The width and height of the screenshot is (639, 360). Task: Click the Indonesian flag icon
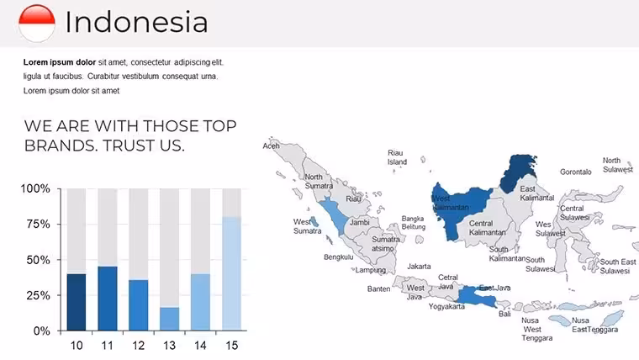[37, 24]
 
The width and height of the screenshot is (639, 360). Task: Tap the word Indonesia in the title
[136, 22]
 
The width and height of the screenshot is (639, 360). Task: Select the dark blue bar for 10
[77, 302]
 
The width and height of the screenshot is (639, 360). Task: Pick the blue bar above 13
[169, 319]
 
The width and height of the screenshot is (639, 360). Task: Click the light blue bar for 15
[231, 273]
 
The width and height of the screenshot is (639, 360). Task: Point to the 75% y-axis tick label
[39, 225]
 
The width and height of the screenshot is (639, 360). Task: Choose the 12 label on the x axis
[138, 346]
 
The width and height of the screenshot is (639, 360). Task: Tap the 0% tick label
[41, 331]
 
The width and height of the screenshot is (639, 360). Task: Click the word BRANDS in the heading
[61, 146]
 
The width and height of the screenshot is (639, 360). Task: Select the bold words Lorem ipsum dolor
[60, 62]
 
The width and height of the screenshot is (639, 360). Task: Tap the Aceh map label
[271, 146]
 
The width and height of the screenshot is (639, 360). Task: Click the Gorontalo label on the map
[575, 172]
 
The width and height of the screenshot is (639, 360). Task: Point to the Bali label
[504, 314]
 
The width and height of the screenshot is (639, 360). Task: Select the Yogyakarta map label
[446, 306]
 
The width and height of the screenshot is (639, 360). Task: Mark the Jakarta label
[419, 267]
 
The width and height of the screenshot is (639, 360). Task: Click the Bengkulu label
[339, 257]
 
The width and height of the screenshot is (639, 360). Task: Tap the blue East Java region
[477, 296]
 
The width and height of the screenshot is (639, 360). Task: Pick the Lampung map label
[371, 270]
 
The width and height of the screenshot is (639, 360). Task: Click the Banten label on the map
[378, 289]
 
